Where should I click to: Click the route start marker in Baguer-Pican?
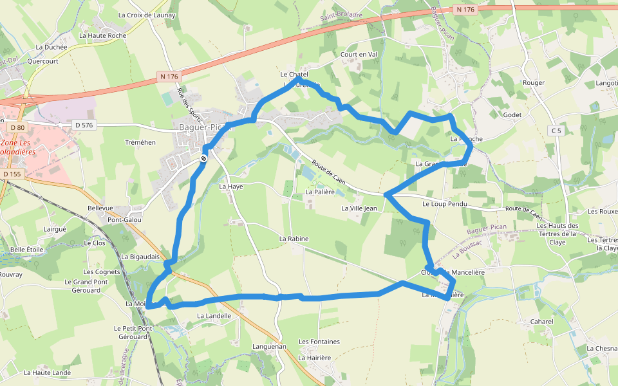(203, 158)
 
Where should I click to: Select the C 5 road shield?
(556, 131)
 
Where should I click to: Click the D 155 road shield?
(12, 174)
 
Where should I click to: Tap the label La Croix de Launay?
(147, 15)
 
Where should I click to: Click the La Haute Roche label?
(103, 35)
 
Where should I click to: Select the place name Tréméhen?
(141, 142)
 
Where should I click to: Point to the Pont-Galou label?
(124, 219)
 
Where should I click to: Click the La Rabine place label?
(294, 239)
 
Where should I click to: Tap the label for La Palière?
(320, 192)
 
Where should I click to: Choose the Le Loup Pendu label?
(444, 204)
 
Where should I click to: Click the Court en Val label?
(359, 55)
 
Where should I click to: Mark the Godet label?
(512, 115)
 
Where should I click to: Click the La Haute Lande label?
(47, 372)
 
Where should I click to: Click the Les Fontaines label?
(319, 342)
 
